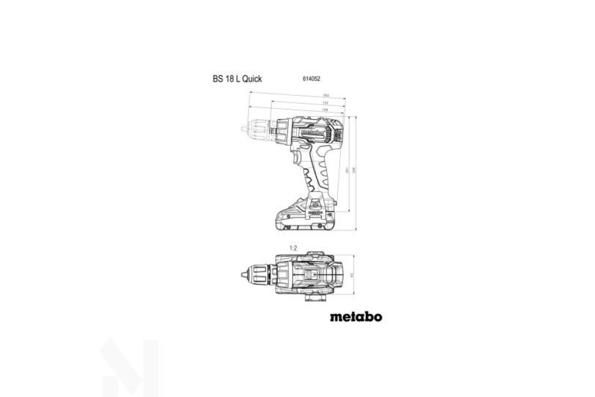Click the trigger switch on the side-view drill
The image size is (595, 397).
tap(297, 158)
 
